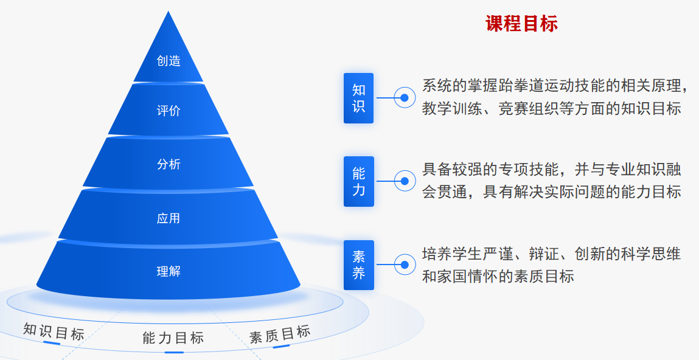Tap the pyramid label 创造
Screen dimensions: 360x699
click(169, 61)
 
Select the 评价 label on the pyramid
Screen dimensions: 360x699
click(169, 111)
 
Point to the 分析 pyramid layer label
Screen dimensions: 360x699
click(169, 164)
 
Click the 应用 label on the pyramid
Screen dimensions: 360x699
click(169, 218)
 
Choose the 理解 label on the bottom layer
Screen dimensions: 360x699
click(169, 271)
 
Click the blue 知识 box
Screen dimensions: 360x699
click(358, 98)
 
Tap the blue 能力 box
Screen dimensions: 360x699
click(358, 181)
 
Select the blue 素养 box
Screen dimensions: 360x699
click(358, 265)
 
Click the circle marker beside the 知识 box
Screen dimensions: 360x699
click(404, 97)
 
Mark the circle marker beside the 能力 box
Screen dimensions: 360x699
click(404, 181)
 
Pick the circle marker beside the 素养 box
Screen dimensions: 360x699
click(404, 265)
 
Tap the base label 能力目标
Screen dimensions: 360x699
click(173, 338)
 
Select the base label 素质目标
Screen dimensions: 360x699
click(280, 334)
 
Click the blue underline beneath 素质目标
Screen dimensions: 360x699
click(281, 347)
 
